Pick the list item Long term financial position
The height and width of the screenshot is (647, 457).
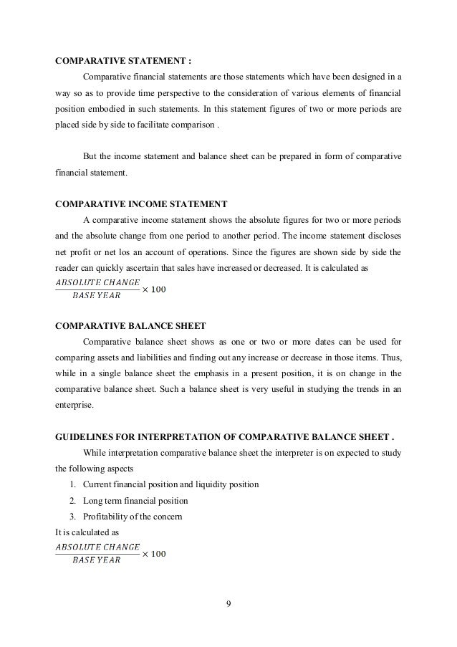[130, 500]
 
